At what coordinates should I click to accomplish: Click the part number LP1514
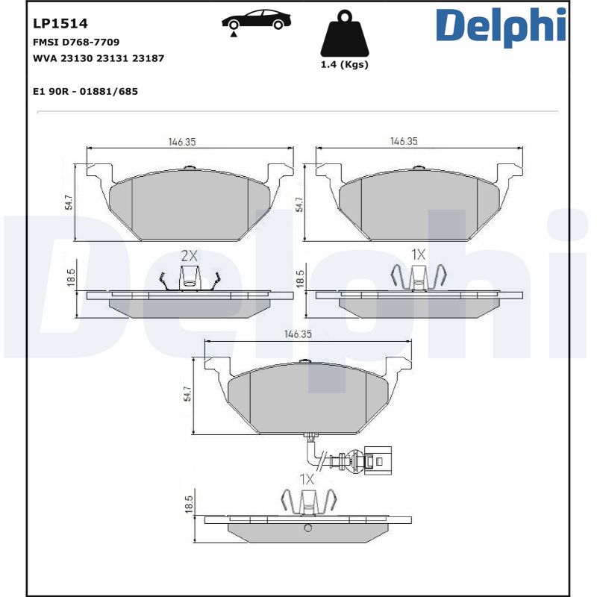click(60, 24)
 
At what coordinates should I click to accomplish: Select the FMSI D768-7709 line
click(76, 42)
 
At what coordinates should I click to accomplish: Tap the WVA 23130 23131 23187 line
click(99, 57)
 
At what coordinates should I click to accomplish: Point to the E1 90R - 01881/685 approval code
click(85, 91)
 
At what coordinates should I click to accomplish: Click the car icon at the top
click(257, 21)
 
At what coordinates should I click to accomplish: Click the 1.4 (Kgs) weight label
click(344, 65)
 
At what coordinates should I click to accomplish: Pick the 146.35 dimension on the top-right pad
click(404, 141)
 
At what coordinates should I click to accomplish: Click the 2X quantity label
click(190, 255)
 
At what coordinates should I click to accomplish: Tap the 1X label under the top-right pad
click(418, 254)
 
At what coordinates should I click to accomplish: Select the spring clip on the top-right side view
click(418, 278)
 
